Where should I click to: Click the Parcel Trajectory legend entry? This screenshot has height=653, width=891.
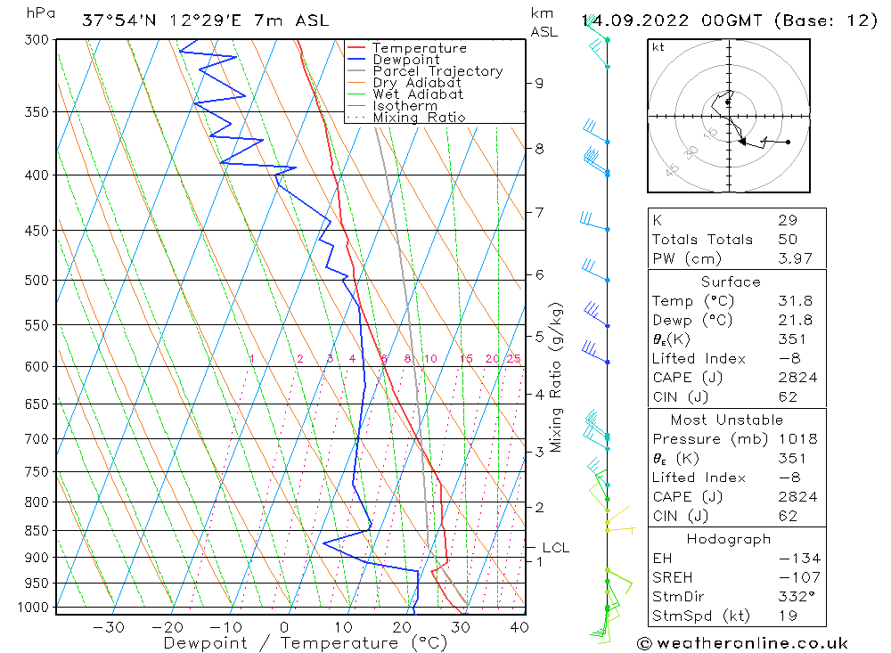tap(437, 71)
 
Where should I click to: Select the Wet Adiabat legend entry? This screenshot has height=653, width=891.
tap(418, 94)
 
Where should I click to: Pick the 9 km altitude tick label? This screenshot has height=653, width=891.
tap(539, 83)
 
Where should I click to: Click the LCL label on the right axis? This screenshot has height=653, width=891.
tap(555, 548)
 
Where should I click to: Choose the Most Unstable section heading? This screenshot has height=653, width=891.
tap(727, 420)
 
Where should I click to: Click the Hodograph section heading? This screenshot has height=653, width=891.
tap(729, 539)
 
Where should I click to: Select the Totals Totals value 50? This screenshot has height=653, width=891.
tap(787, 240)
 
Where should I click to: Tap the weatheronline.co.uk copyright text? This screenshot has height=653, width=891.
tap(742, 643)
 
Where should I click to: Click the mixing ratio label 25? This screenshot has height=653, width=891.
tap(513, 359)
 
